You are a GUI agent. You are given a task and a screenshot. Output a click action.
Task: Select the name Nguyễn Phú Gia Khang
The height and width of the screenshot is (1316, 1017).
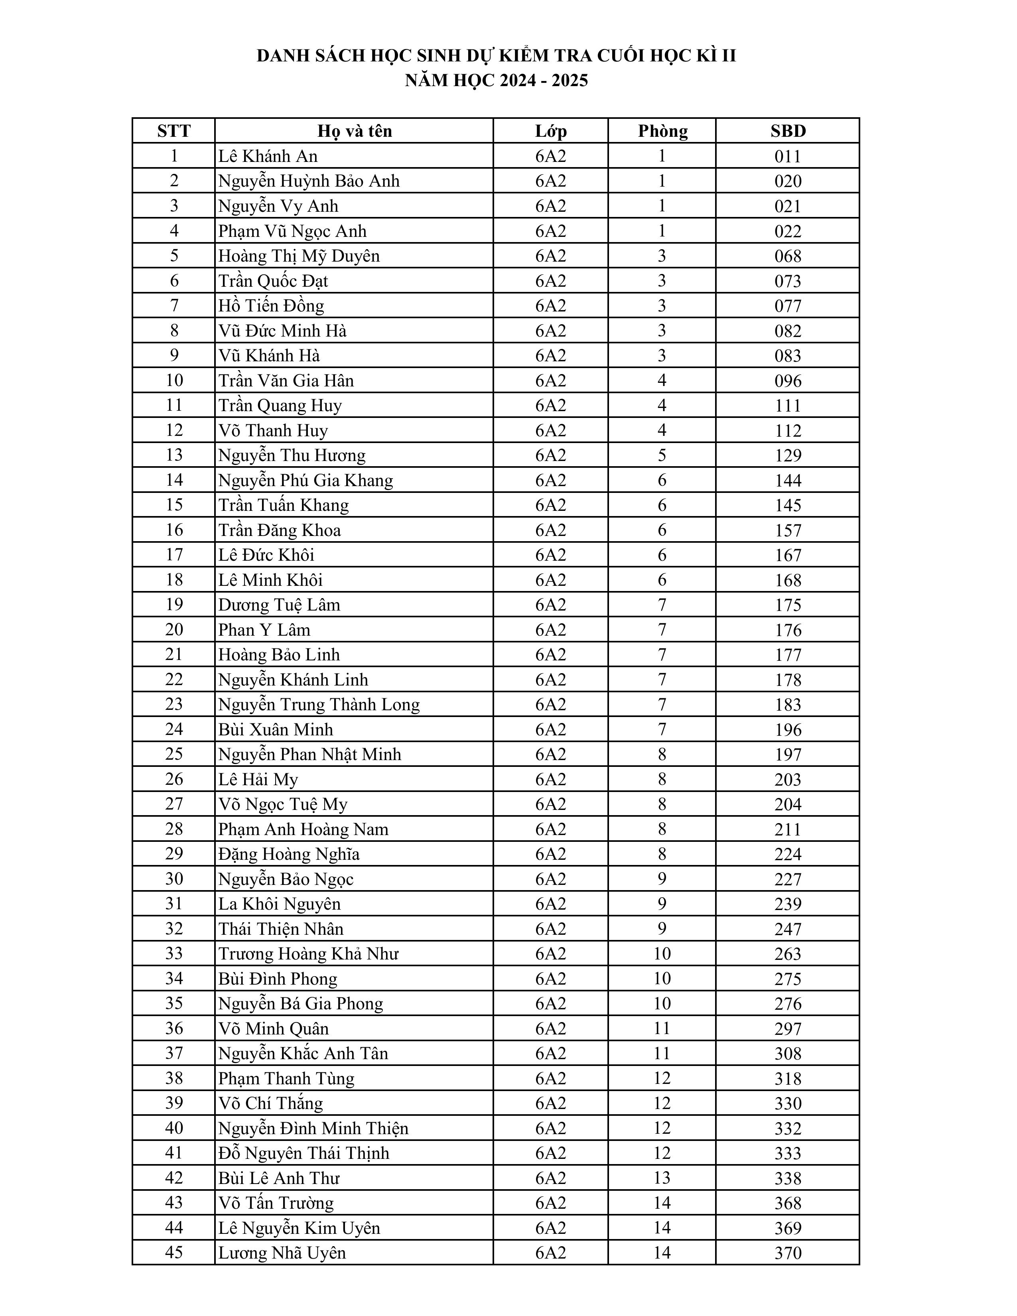305,480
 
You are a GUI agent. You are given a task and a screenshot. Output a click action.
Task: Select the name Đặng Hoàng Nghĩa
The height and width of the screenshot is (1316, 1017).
289,855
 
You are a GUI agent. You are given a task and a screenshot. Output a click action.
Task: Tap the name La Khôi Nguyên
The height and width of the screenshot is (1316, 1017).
280,904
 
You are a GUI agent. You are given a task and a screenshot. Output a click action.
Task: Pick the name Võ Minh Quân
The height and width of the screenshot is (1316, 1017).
274,1028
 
